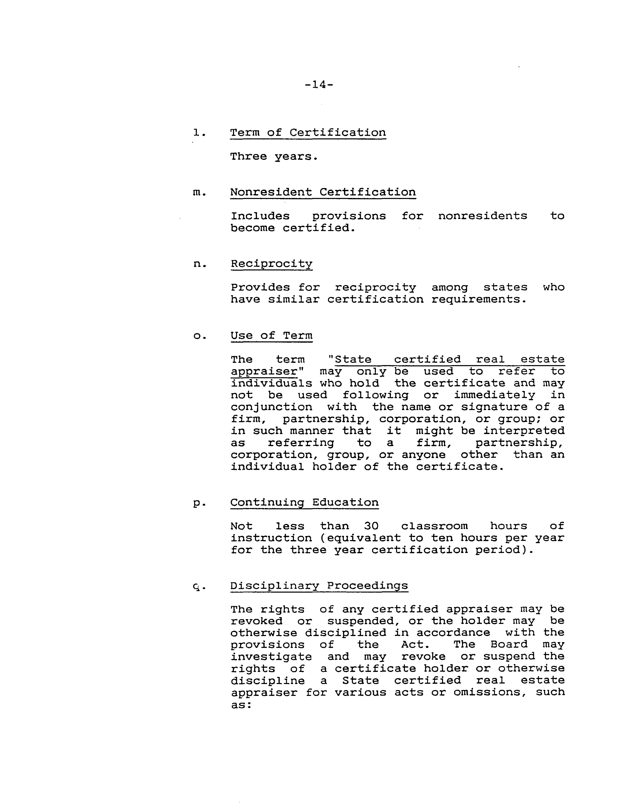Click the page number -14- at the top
[x=319, y=85]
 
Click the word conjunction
[x=271, y=407]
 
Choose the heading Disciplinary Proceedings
[x=319, y=586]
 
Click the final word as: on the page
[x=241, y=704]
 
